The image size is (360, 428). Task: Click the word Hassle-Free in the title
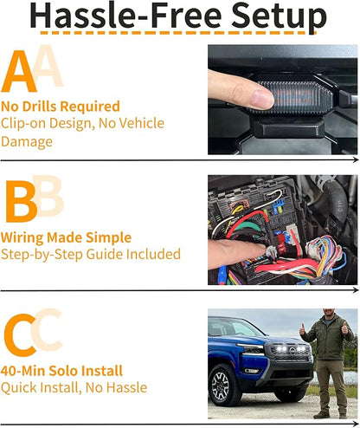pos(125,15)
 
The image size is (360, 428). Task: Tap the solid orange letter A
pos(19,71)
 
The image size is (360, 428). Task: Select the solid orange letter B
pos(22,202)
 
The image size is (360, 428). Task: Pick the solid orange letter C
pos(20,335)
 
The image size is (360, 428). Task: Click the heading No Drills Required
pos(61,107)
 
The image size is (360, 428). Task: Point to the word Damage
pos(27,142)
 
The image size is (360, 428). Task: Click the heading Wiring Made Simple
pos(66,237)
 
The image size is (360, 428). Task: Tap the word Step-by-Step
pos(42,255)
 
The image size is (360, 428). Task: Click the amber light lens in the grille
pos(293,96)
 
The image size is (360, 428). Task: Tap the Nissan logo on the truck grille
pos(292,351)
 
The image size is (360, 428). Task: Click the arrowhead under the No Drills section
pos(356,160)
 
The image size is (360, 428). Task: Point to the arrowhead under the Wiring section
pos(356,290)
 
